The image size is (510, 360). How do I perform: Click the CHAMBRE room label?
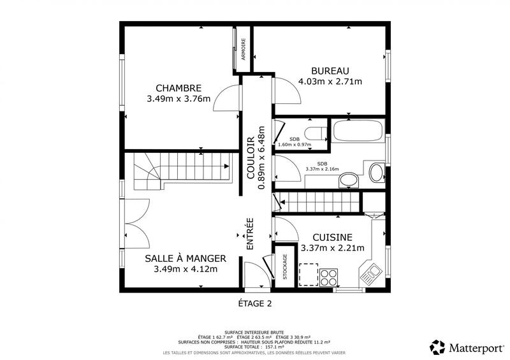178,88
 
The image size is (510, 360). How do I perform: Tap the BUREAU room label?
330,70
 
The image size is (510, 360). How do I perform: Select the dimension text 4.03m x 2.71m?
330,81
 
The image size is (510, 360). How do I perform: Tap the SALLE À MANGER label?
186,258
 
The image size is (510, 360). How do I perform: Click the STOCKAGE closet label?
285,266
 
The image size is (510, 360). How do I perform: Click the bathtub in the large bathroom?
357,132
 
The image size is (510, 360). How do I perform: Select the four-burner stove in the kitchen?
329,277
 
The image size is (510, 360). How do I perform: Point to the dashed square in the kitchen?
309,273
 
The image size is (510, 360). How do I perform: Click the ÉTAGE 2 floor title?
255,303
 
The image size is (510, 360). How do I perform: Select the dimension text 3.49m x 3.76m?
178,99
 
